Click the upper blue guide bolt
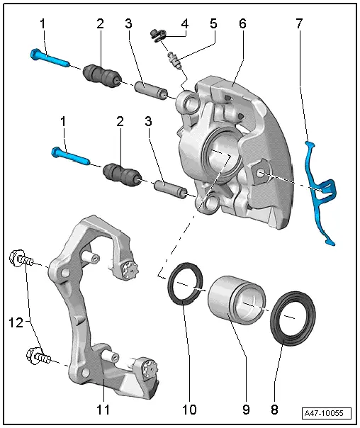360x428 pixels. click(x=49, y=58)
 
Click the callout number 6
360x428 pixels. click(x=242, y=23)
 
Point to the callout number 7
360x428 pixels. click(x=298, y=23)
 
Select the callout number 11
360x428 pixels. click(x=104, y=409)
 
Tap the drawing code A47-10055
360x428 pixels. click(x=327, y=413)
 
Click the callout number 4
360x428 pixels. click(x=184, y=23)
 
